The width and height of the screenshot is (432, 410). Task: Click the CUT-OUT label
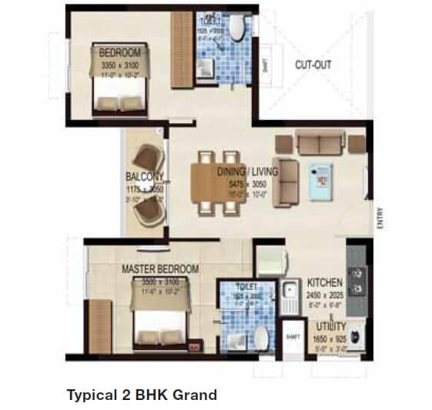313,65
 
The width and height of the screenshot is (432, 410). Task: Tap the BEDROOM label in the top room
120,53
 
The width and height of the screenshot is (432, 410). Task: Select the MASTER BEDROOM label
160,269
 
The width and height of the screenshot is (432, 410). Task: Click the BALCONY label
144,176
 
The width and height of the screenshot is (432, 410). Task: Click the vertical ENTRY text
380,220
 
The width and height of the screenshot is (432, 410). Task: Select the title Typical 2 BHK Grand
142,395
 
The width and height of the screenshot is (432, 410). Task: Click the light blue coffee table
318,178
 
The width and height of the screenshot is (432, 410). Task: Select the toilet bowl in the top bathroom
239,29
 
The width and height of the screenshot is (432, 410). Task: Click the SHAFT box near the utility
293,336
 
